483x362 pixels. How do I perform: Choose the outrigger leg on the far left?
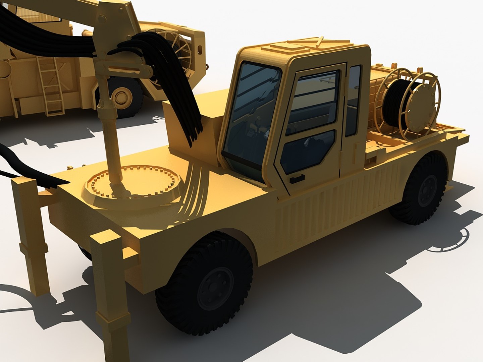click(32, 235)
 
